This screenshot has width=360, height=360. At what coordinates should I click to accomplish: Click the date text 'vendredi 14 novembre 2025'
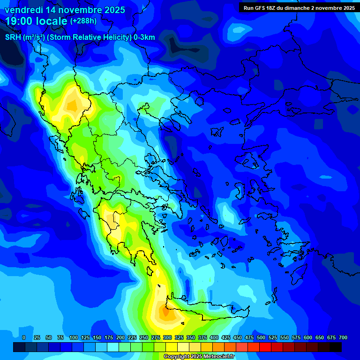(x=65, y=10)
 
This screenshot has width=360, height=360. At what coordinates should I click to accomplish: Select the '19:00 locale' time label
(x=37, y=21)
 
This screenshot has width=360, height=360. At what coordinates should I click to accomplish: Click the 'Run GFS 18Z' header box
(x=299, y=8)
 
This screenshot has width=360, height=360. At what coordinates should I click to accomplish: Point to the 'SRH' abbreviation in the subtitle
(x=13, y=37)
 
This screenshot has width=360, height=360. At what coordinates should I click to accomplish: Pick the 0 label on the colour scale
(x=24, y=337)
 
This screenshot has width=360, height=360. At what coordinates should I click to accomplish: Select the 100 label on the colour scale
(x=74, y=337)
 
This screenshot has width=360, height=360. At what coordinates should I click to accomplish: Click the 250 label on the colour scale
(x=144, y=337)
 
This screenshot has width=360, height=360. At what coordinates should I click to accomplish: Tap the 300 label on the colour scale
(x=167, y=337)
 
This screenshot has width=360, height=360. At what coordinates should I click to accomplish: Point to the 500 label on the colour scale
(x=261, y=337)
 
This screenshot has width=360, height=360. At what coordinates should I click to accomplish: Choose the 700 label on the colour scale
(x=343, y=337)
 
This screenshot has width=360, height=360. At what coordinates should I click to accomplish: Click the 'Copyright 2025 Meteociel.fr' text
(x=199, y=357)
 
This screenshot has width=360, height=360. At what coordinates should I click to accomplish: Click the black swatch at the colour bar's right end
(x=336, y=347)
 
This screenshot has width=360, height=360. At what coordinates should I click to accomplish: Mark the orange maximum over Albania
(x=73, y=105)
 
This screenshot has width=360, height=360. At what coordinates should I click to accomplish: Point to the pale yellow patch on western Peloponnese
(x=111, y=218)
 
